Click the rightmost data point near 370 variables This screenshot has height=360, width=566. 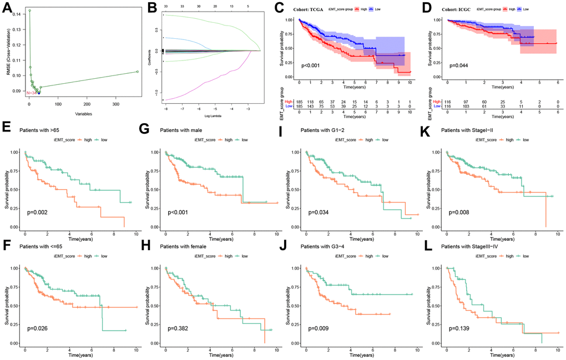point(137,72)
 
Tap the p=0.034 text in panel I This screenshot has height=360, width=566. point(314,214)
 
